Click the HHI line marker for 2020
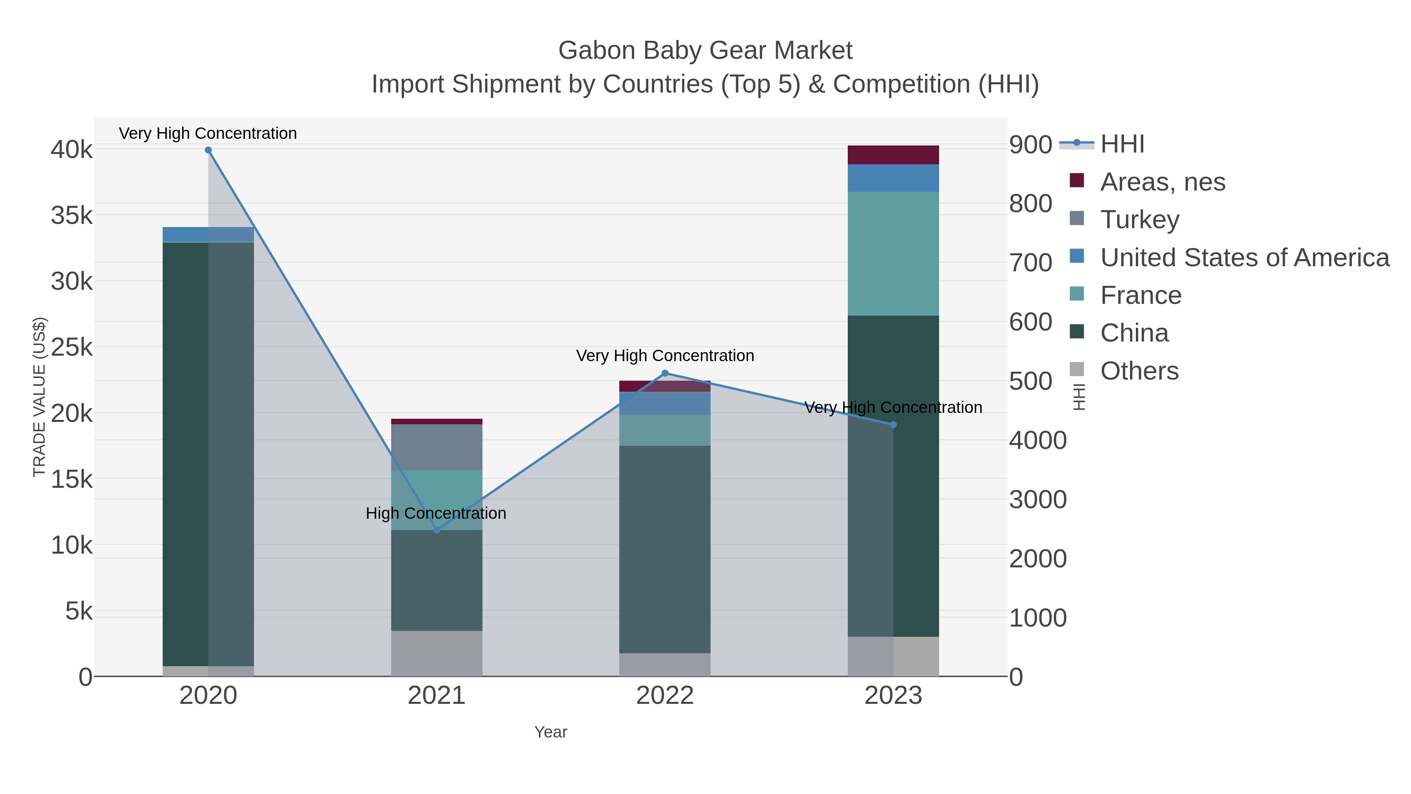click(x=208, y=150)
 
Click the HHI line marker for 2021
click(x=437, y=530)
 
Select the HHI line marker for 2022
click(x=665, y=373)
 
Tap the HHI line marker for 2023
click(x=893, y=425)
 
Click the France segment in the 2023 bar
click(x=893, y=253)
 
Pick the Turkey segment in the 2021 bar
click(x=437, y=447)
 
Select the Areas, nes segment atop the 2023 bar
click(x=893, y=154)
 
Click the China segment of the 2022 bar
click(x=665, y=548)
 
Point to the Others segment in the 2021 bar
click(x=437, y=653)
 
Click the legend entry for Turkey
click(x=1139, y=220)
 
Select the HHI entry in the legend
click(x=1122, y=144)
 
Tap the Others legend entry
click(x=1139, y=371)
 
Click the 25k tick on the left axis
click(x=72, y=347)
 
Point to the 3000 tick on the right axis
click(x=1038, y=499)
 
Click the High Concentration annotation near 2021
click(x=436, y=513)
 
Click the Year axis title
click(x=551, y=732)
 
